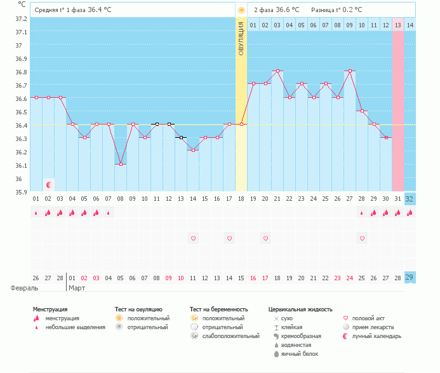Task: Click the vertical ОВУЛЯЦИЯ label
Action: [241, 38]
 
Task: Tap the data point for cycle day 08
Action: [121, 164]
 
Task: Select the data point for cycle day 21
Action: [277, 71]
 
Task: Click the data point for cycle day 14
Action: [193, 151]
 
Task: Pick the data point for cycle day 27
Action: [349, 71]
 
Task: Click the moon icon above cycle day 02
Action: [48, 185]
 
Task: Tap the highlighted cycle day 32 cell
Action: [410, 198]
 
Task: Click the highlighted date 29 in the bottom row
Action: [410, 277]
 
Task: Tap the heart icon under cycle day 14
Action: [193, 238]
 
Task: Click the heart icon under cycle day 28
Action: [362, 238]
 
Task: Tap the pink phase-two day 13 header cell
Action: [397, 25]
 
